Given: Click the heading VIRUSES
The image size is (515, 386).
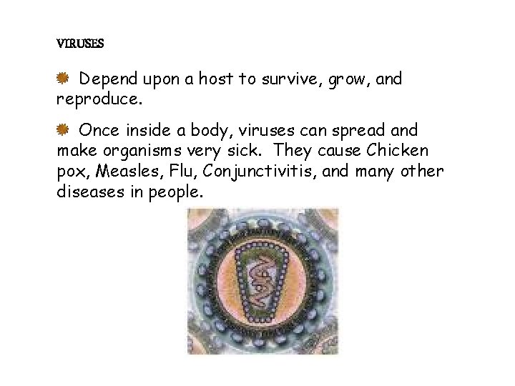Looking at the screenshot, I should [x=80, y=44].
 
